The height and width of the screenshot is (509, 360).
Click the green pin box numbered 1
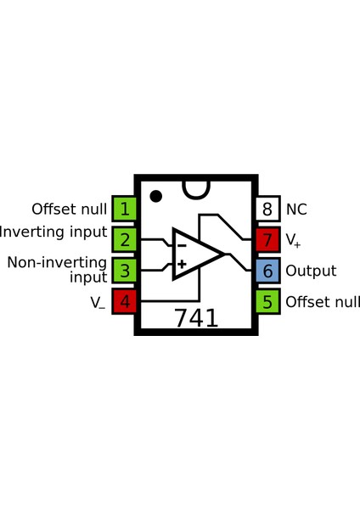coord(125,209)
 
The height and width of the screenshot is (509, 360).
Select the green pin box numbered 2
coord(125,239)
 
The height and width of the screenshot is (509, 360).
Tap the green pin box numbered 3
coord(125,271)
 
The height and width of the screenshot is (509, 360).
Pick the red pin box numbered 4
coord(125,301)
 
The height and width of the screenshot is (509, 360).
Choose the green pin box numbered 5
coord(267,301)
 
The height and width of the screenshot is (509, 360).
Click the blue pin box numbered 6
coord(267,271)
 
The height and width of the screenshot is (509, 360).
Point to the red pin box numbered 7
coord(267,239)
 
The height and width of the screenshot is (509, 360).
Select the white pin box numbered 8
coord(267,209)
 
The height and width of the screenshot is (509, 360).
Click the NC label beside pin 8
coord(296,209)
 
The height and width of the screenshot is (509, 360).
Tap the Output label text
coord(311,271)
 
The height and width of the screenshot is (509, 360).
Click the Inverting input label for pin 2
coord(53,232)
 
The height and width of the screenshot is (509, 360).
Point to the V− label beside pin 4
coord(98,302)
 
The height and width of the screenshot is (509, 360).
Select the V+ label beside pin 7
coord(293,241)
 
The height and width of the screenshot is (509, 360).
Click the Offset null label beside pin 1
coord(69,209)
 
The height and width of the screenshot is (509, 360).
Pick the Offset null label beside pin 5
coord(323,302)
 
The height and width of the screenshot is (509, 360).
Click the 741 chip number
coord(196,318)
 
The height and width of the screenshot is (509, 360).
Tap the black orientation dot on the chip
coord(155,197)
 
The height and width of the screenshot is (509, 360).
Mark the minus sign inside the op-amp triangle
coord(181,245)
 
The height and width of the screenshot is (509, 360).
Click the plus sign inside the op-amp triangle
coord(181,264)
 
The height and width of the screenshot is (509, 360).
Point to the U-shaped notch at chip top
coord(196,188)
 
